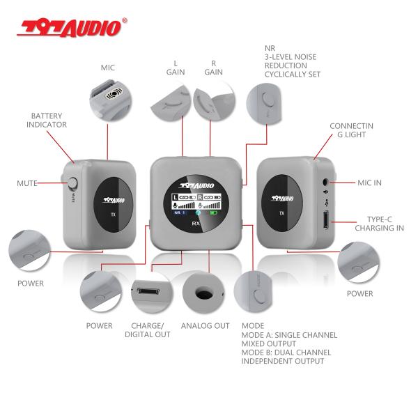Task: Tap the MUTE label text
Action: pyautogui.click(x=27, y=183)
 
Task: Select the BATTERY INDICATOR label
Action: pyautogui.click(x=47, y=120)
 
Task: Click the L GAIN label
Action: pyautogui.click(x=175, y=68)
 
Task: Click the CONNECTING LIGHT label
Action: pyautogui.click(x=351, y=130)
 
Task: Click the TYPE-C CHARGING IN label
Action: pyautogui.click(x=380, y=223)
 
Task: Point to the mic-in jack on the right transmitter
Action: pyautogui.click(x=325, y=183)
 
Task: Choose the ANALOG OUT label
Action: pyautogui.click(x=205, y=325)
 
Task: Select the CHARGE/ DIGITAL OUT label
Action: pyautogui.click(x=148, y=330)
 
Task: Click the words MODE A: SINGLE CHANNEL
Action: pyautogui.click(x=289, y=335)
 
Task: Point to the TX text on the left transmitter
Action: pyautogui.click(x=113, y=215)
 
